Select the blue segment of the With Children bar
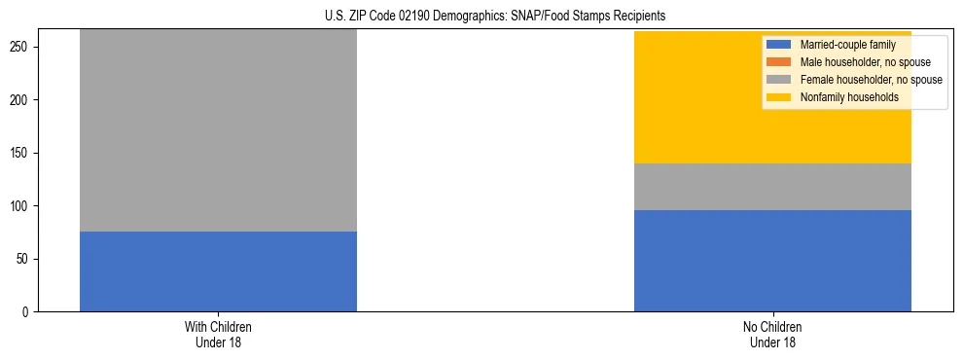218,271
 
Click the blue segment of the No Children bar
772,261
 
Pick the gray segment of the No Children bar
772,187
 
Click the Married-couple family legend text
847,45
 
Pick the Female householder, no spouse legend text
871,80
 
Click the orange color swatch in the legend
779,62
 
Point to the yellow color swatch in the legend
779,97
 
